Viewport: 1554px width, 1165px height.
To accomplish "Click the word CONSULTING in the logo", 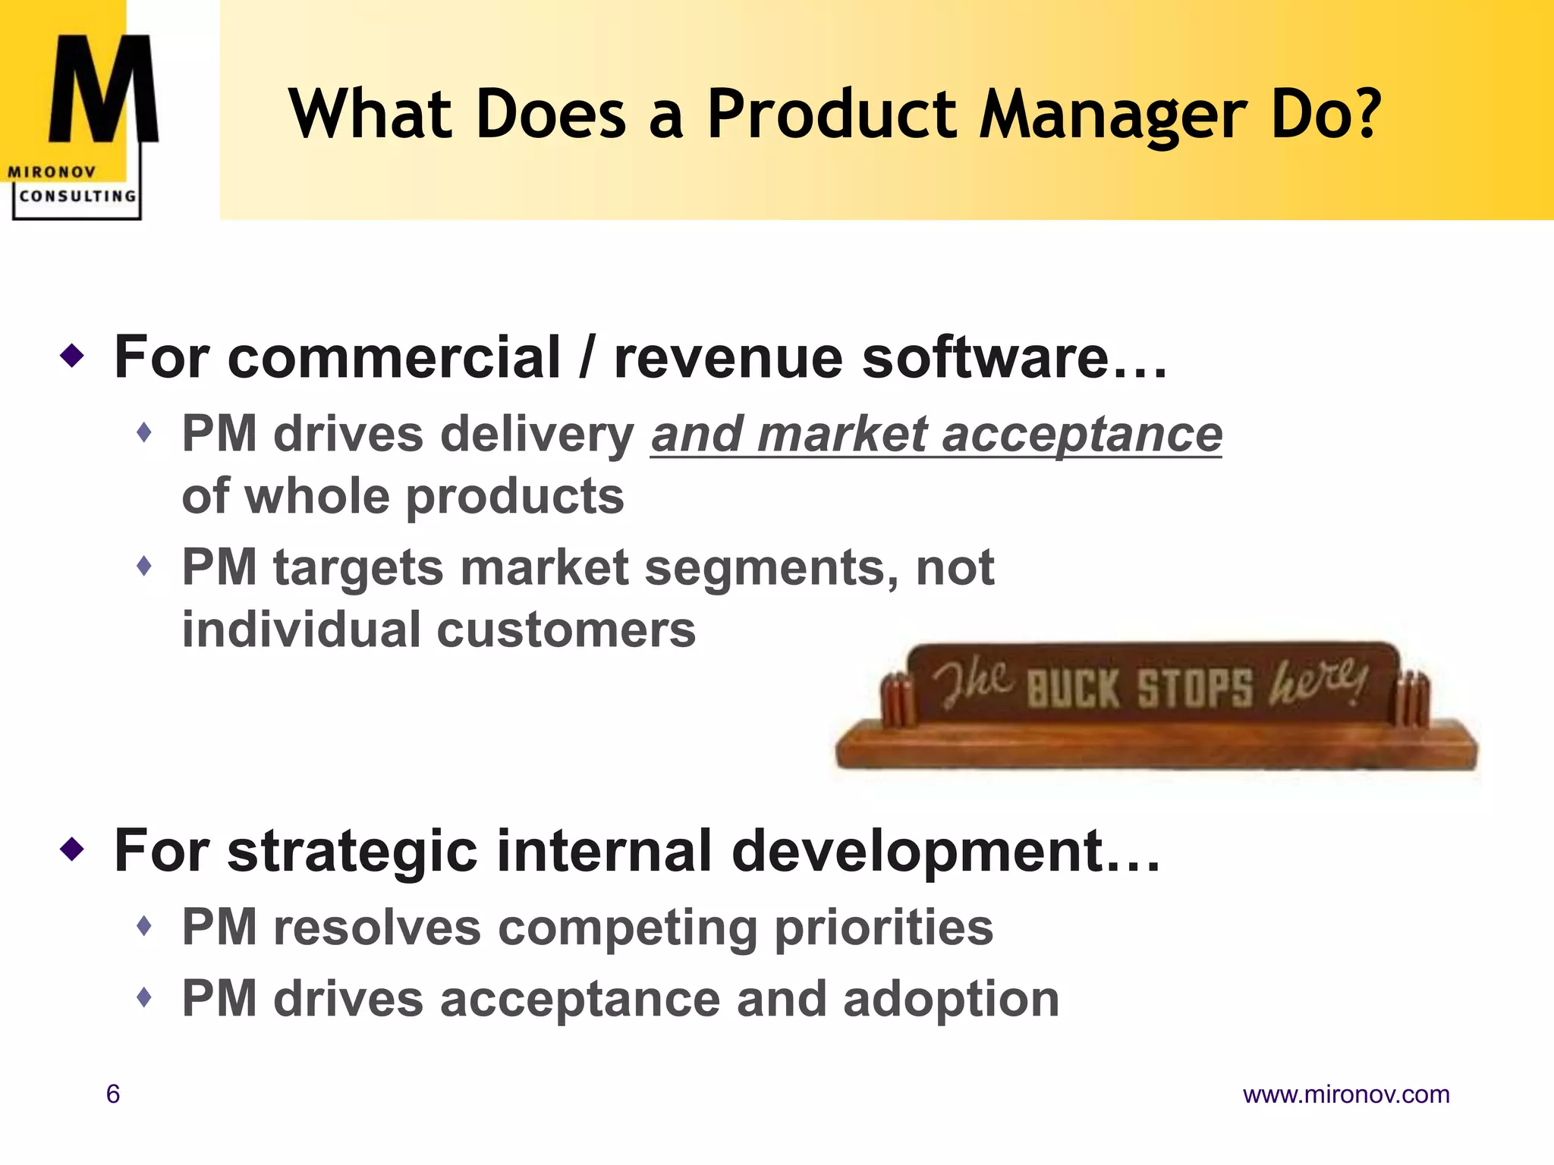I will pyautogui.click(x=77, y=196).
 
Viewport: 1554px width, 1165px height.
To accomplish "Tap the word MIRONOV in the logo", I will pyautogui.click(x=52, y=172).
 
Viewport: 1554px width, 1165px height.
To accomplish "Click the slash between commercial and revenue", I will pyautogui.click(x=586, y=358).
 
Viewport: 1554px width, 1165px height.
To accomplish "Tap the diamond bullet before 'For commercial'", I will pyautogui.click(x=72, y=355).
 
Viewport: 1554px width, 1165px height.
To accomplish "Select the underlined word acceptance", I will pyautogui.click(x=1081, y=435).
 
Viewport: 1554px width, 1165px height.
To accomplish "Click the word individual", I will pyautogui.click(x=301, y=630).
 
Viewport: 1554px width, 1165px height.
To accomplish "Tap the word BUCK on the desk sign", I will pyautogui.click(x=1072, y=688).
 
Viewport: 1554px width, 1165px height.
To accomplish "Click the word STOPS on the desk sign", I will pyautogui.click(x=1194, y=688).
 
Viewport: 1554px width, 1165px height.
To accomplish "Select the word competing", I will pyautogui.click(x=627, y=928).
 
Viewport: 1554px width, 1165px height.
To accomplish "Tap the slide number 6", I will pyautogui.click(x=113, y=1094).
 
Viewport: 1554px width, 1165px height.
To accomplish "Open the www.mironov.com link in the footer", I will pyautogui.click(x=1345, y=1094).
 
